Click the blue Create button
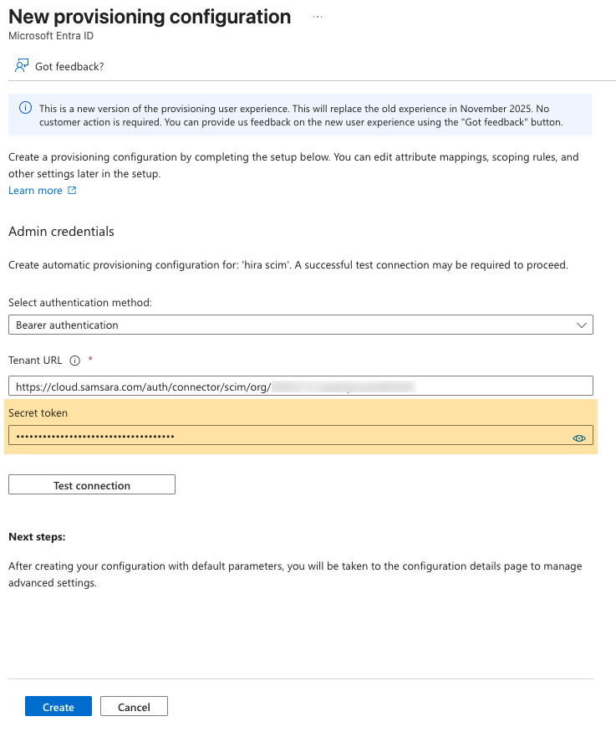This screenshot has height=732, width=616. [x=59, y=707]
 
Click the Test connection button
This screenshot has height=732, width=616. [x=92, y=485]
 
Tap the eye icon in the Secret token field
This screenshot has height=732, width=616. [x=578, y=438]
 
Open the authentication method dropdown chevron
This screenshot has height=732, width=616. [x=582, y=325]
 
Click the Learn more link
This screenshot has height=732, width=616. [x=35, y=191]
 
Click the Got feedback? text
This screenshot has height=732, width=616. [x=69, y=66]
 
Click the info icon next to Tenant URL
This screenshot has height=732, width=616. [x=74, y=361]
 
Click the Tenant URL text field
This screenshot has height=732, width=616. [x=301, y=386]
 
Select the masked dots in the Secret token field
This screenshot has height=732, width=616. [x=95, y=437]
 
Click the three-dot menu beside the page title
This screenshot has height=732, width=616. [x=318, y=17]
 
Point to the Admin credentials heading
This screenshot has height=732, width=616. [x=61, y=231]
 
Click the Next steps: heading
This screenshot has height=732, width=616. [x=37, y=536]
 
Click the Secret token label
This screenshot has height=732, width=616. [x=38, y=412]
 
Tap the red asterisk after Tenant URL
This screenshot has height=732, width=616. [x=89, y=360]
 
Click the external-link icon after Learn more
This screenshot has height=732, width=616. [x=72, y=191]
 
